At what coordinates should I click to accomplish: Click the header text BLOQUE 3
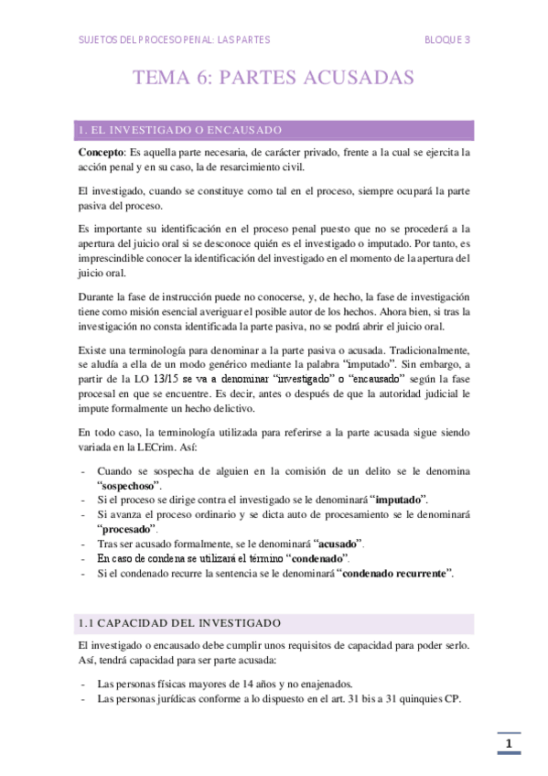[447, 39]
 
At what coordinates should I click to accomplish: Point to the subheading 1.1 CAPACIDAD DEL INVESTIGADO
[179, 623]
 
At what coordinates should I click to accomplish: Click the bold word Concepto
[100, 151]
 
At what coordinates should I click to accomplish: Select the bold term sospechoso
[127, 485]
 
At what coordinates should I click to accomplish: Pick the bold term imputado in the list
[400, 500]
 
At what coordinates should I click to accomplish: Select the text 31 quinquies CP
[426, 698]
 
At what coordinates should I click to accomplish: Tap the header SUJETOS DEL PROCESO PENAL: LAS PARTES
[174, 39]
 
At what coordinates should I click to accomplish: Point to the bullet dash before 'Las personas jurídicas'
[83, 698]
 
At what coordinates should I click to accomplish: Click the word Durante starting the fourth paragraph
[97, 297]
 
